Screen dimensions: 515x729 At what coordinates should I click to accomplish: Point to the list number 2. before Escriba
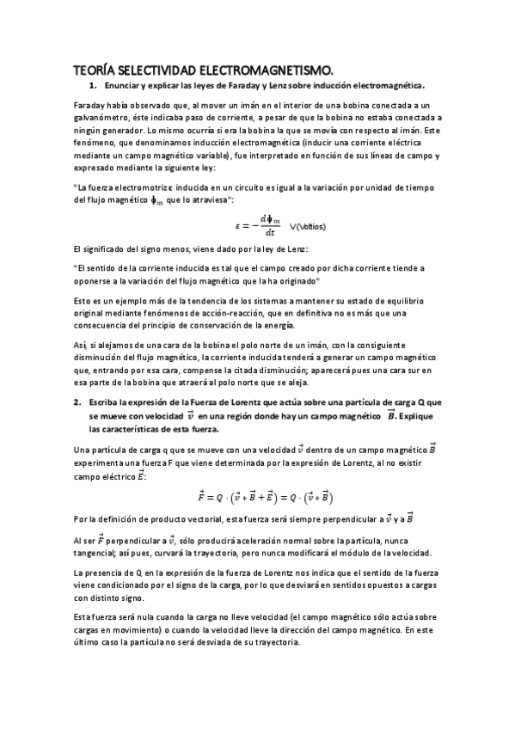pos(78,402)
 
